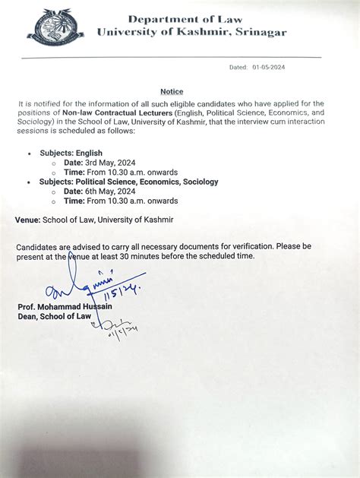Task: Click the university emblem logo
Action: pos(55,27)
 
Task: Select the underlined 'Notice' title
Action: pos(172,91)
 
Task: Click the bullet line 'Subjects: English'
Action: pos(71,153)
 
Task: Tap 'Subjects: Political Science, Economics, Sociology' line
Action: pos(128,182)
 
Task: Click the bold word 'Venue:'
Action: pos(27,220)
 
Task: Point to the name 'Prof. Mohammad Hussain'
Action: pos(65,306)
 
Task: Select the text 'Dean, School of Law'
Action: pos(54,316)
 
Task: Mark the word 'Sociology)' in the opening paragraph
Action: pos(34,122)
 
